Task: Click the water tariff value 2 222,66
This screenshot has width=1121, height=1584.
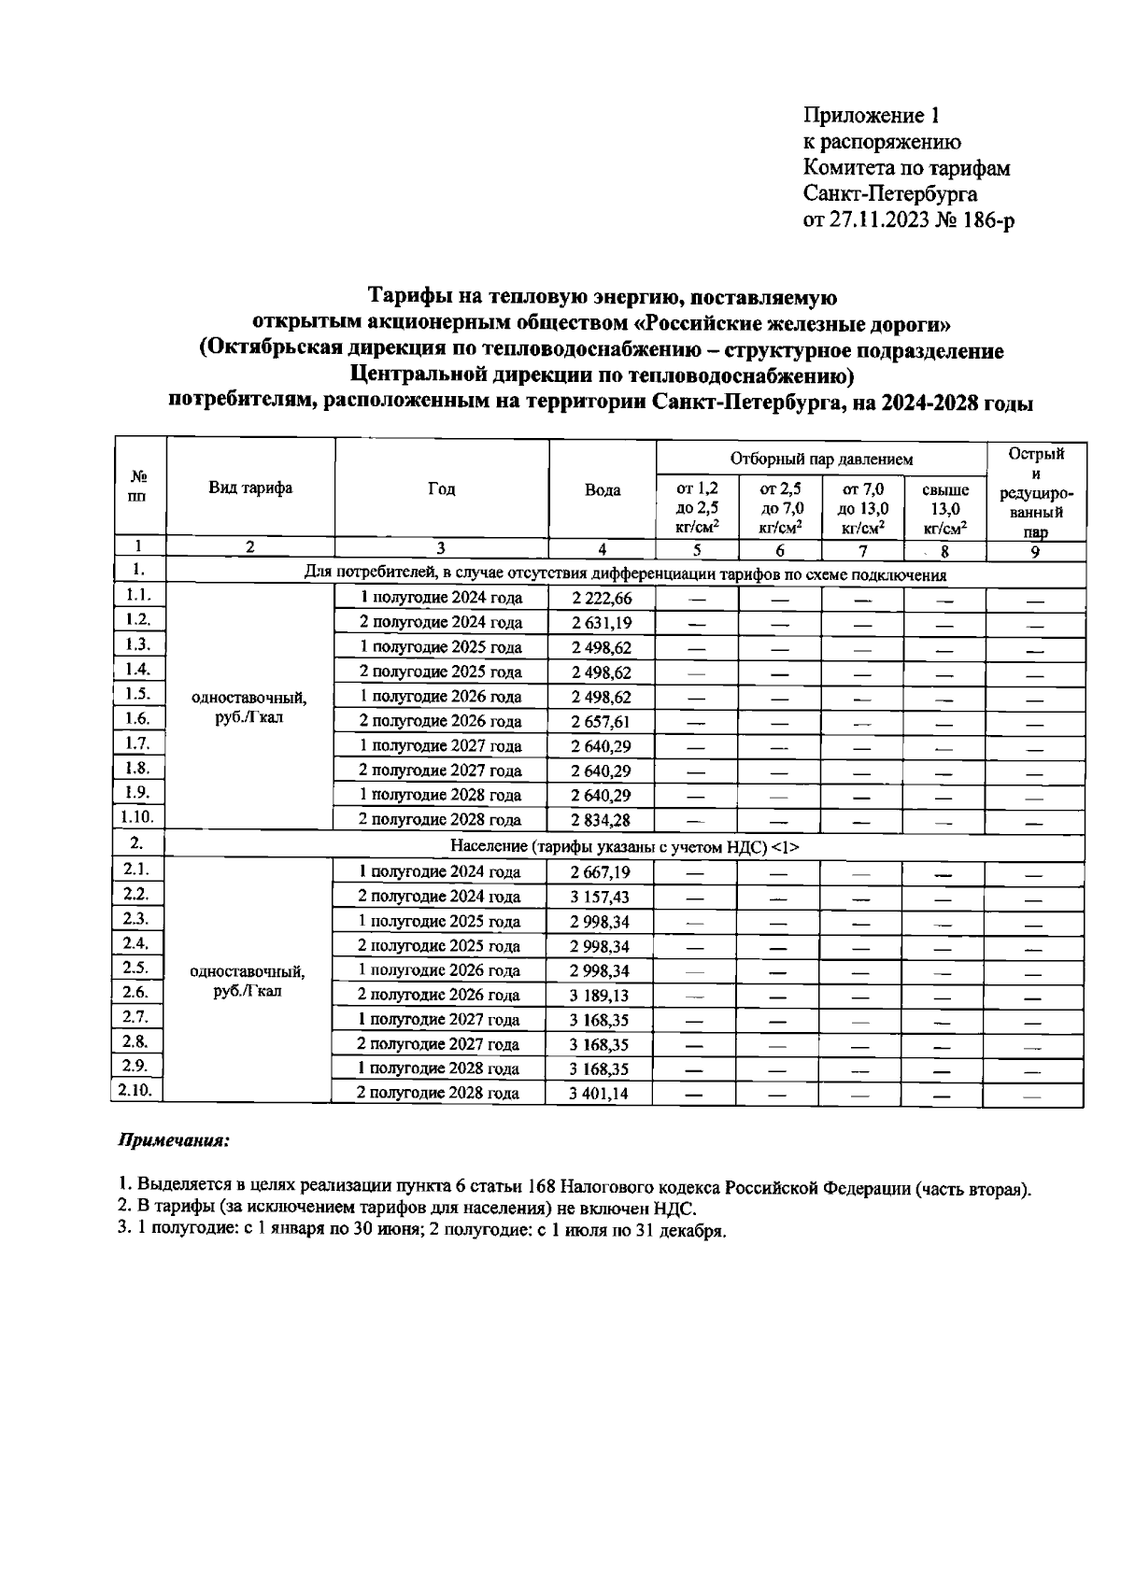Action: pos(601,599)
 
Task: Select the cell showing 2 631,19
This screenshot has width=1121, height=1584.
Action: pos(601,623)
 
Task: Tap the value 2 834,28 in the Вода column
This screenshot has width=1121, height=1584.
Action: pos(601,820)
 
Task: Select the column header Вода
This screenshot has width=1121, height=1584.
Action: pos(602,490)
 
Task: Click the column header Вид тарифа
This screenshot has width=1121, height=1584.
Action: pos(249,488)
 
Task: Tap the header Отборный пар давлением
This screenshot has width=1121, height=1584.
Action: pos(821,459)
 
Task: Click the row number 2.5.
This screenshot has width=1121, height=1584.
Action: pos(137,968)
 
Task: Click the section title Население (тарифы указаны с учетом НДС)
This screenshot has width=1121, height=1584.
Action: pos(624,846)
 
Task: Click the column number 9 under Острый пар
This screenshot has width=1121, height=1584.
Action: pos(1035,551)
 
